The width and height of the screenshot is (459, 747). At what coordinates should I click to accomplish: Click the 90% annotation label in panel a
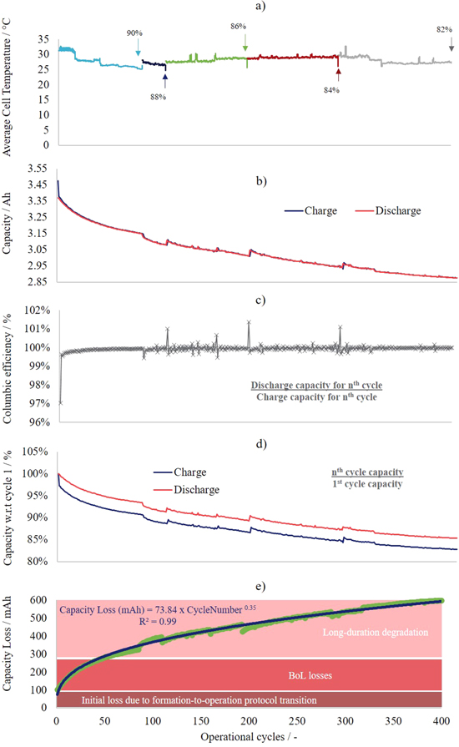point(134,33)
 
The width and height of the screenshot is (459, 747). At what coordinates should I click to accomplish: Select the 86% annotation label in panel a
point(238,26)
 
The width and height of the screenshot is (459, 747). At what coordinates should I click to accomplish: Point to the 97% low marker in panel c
point(60,403)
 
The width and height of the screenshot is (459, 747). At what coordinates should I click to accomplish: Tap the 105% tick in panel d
point(35,452)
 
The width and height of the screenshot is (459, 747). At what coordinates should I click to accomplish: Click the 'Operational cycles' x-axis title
point(249,739)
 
